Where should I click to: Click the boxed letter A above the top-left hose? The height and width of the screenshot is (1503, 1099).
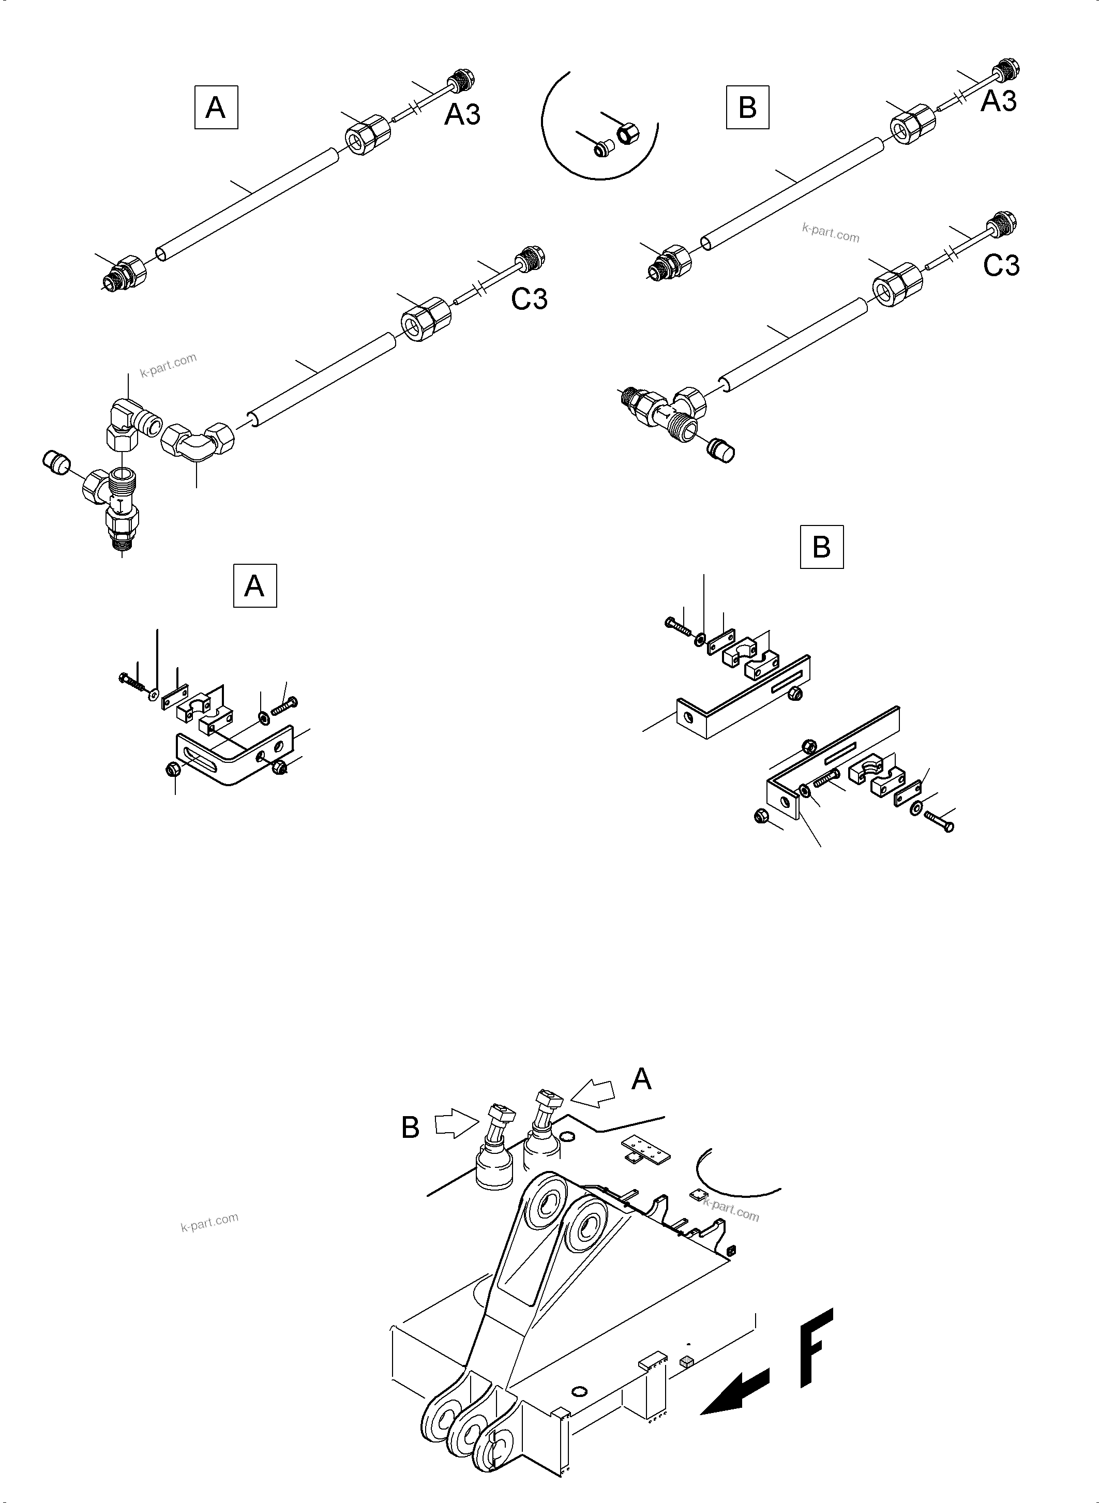click(216, 107)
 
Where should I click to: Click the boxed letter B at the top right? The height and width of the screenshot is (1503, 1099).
click(747, 107)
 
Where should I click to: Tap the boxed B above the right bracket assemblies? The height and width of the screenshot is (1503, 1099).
click(822, 547)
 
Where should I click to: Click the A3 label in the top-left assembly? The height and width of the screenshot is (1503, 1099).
click(462, 114)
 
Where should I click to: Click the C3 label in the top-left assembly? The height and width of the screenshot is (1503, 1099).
click(529, 299)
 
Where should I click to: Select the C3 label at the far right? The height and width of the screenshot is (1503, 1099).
click(1001, 265)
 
